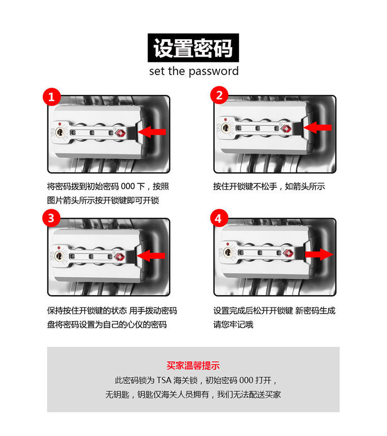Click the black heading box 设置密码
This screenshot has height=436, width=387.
coord(193,48)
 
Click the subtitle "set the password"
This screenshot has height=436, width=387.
coord(193,71)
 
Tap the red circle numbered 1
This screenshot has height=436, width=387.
coord(52,96)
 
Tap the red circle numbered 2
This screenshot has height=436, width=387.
coord(219,96)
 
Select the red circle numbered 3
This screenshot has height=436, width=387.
coord(52,219)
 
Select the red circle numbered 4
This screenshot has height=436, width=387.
coord(219,219)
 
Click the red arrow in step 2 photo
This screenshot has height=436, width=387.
coord(318,127)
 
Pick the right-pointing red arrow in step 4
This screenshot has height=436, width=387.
coord(318,254)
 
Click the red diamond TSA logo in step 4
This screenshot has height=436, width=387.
coord(287,254)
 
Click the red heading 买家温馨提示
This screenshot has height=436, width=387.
coord(193,366)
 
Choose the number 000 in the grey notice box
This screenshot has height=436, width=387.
coord(247,381)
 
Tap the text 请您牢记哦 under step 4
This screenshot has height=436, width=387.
coord(233,325)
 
